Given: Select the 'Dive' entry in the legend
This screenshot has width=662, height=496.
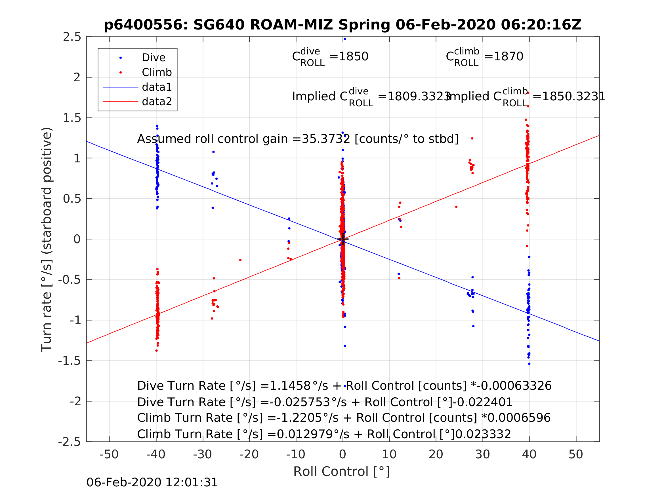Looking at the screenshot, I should coord(153,58).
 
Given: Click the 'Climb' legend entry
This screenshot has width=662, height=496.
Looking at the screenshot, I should coord(157,72).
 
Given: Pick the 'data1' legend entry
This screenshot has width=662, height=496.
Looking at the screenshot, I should coord(157,87).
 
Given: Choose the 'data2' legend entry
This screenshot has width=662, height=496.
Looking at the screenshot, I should coord(157,102).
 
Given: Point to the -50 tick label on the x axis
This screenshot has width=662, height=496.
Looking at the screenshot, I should coord(109,455).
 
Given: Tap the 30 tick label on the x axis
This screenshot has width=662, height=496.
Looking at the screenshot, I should coord(482,455).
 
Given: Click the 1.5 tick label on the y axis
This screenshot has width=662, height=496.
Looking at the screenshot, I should coord(72,118).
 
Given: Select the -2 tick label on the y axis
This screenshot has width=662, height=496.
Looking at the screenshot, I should coord(75,401).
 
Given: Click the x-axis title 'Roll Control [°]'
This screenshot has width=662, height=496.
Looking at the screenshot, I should coord(341,472).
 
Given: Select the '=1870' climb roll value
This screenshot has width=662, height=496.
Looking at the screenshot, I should coord(504,56).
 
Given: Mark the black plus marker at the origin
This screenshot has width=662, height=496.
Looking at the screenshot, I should coord(343,239).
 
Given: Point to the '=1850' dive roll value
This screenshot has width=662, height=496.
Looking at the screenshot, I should coord(349,56).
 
